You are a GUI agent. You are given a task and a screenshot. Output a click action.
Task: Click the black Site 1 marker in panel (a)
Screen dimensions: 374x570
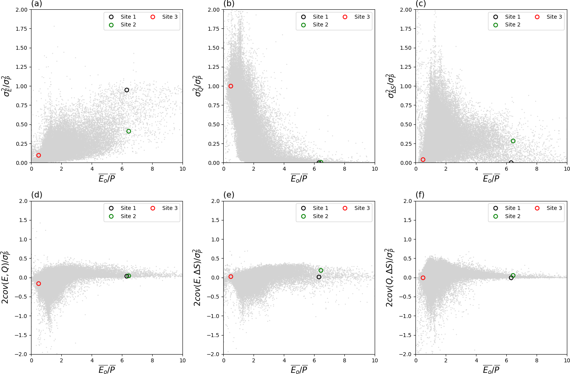(x=127, y=90)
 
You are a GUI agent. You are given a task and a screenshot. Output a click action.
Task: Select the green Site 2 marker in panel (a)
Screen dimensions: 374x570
(x=129, y=131)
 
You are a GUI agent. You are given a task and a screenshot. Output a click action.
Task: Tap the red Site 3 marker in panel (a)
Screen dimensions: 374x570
(x=38, y=155)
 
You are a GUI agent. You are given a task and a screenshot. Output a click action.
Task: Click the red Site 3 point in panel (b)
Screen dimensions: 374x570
(x=231, y=86)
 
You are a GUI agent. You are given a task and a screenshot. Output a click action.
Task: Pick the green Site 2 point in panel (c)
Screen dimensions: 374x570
(x=513, y=141)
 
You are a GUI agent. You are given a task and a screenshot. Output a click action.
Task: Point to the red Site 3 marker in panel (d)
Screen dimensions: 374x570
(x=38, y=284)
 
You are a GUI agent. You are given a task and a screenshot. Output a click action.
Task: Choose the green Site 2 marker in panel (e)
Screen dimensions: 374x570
(x=321, y=271)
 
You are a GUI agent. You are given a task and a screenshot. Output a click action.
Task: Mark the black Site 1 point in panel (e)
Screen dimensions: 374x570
(x=319, y=277)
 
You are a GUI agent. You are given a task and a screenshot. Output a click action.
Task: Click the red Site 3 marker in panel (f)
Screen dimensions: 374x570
(x=423, y=278)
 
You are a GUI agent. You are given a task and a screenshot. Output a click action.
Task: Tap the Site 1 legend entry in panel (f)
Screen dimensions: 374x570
(x=512, y=208)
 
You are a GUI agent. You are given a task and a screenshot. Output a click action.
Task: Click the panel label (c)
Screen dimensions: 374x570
(x=421, y=4)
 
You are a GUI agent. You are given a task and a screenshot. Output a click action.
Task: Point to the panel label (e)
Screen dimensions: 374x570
(x=229, y=195)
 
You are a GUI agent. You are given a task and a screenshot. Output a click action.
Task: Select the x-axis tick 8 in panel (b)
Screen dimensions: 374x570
(x=344, y=169)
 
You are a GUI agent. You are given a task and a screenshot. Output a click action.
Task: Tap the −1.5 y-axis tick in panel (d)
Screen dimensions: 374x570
(x=21, y=335)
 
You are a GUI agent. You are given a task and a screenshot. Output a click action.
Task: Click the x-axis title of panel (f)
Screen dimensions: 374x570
(x=491, y=370)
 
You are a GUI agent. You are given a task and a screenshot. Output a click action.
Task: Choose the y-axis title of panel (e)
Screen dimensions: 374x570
(x=198, y=278)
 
